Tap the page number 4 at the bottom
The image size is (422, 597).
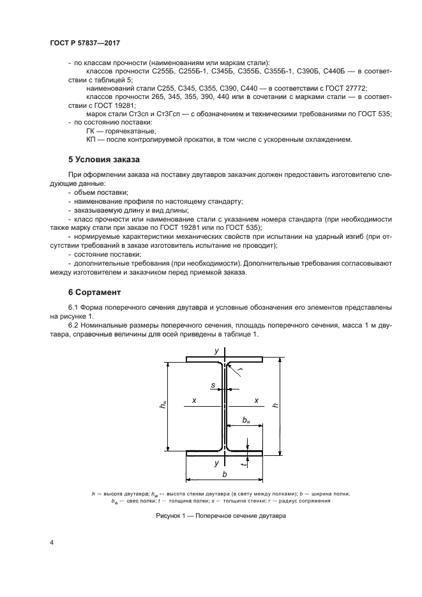(x=52, y=543)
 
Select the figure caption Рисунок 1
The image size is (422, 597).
(x=220, y=515)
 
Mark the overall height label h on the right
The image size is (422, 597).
(x=276, y=405)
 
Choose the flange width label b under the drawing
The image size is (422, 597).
(x=224, y=475)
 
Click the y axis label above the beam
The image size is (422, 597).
(x=216, y=351)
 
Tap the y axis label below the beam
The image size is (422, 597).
(x=216, y=462)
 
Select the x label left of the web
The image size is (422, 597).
(x=193, y=400)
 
